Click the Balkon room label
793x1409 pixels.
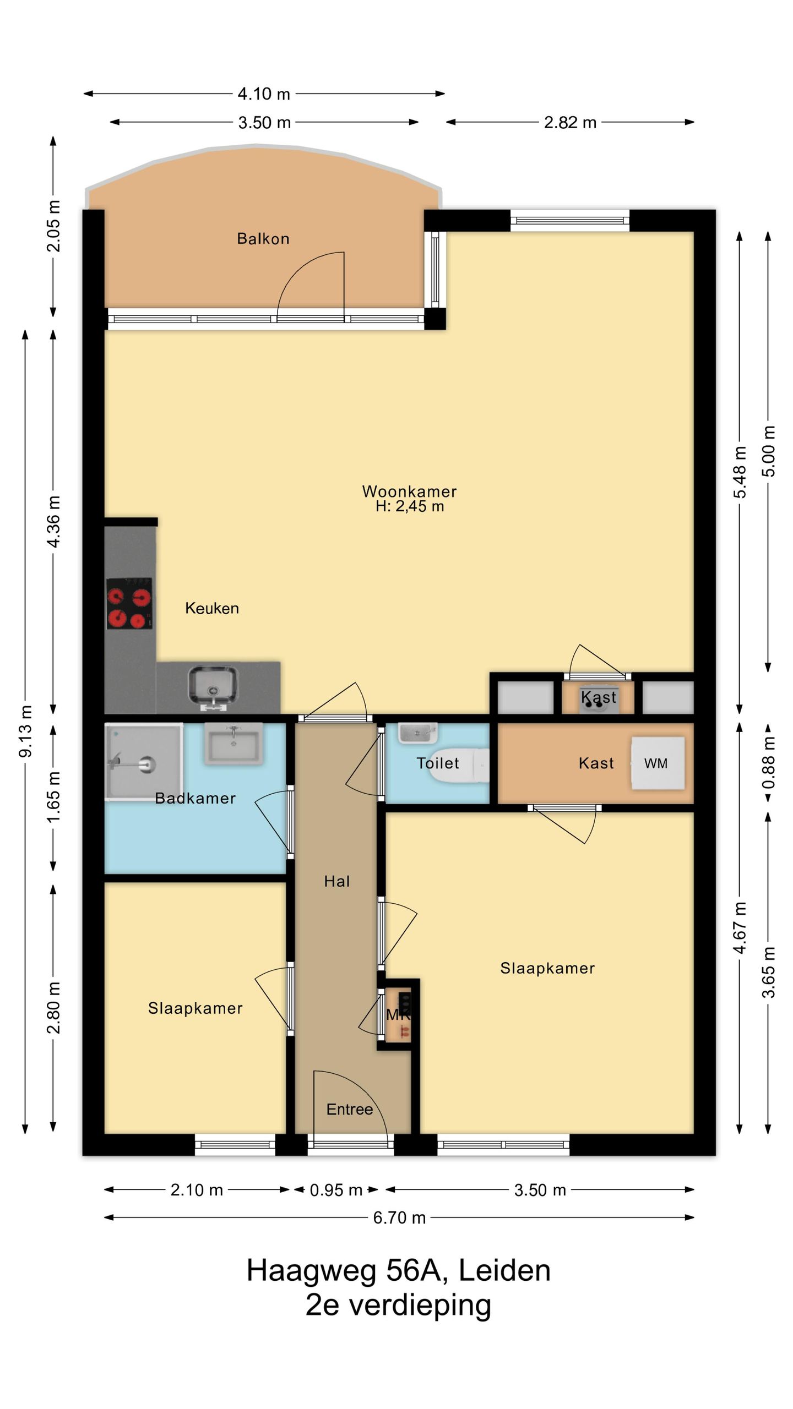tap(263, 238)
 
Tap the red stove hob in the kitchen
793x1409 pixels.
tap(129, 603)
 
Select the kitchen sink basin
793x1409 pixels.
tap(213, 686)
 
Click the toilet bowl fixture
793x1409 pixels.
tap(458, 765)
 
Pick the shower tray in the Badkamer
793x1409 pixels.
tap(144, 762)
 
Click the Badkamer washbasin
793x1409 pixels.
tap(233, 744)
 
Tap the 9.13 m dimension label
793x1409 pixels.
tap(25, 730)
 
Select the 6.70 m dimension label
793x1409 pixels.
tap(400, 1217)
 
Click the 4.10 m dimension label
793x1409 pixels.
tap(264, 94)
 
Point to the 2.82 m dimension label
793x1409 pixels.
tap(570, 122)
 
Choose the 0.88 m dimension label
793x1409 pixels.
tap(768, 763)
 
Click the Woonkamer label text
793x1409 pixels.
tap(410, 491)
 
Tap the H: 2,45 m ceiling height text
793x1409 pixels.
tap(410, 506)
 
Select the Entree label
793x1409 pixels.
tap(350, 1109)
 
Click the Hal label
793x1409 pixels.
tap(337, 881)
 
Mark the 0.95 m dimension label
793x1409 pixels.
tap(336, 1190)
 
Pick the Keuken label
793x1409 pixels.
tap(212, 608)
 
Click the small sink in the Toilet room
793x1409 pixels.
tap(418, 733)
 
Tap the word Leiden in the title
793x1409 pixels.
tap(504, 1270)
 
